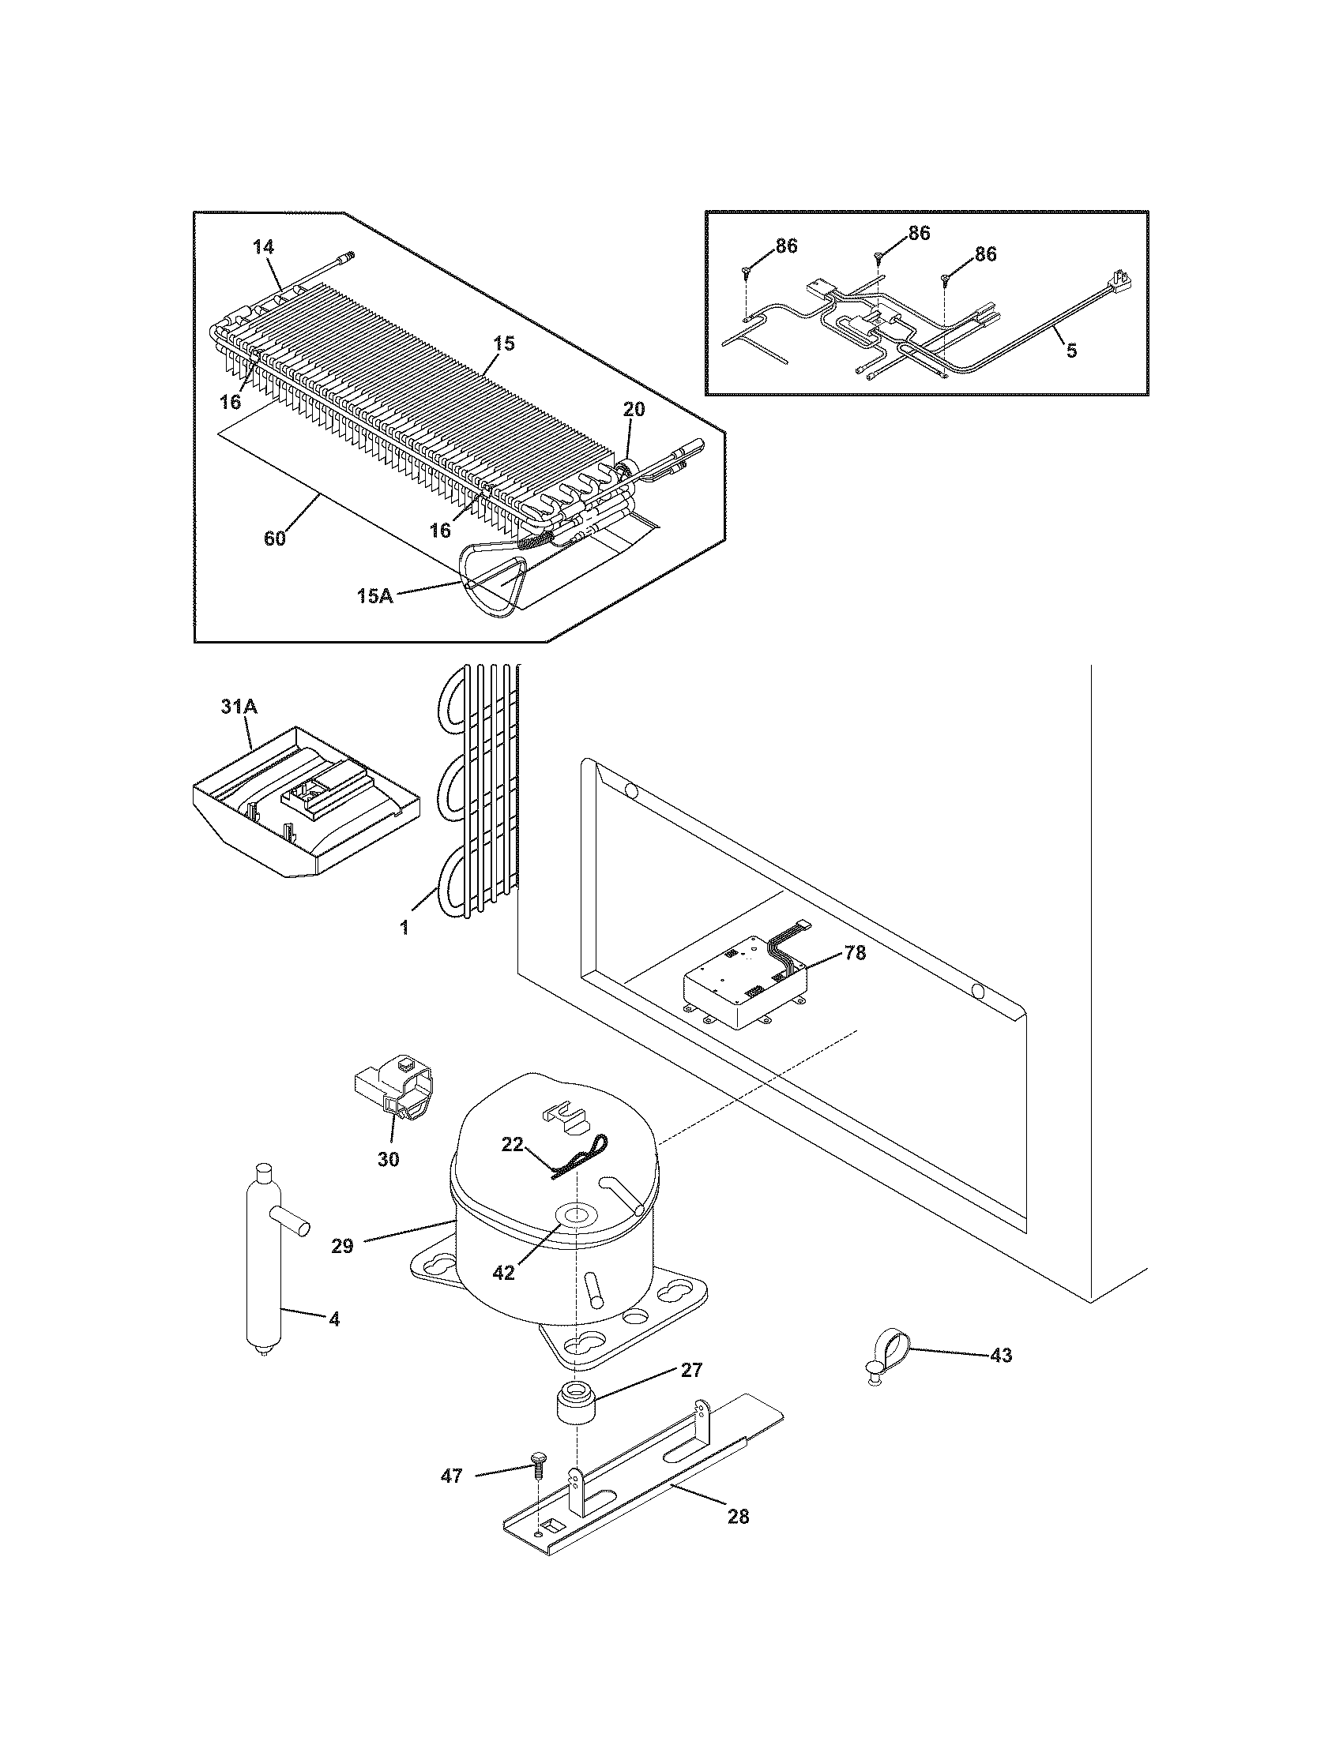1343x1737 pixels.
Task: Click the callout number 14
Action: (263, 247)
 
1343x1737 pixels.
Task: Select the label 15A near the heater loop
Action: (375, 595)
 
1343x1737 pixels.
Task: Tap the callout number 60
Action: (274, 538)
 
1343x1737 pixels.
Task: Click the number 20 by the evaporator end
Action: (634, 410)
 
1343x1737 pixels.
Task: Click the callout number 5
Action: (1072, 351)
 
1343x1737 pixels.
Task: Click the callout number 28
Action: (739, 1517)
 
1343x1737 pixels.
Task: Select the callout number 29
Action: (342, 1246)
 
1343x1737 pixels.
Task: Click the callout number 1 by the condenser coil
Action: (404, 928)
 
